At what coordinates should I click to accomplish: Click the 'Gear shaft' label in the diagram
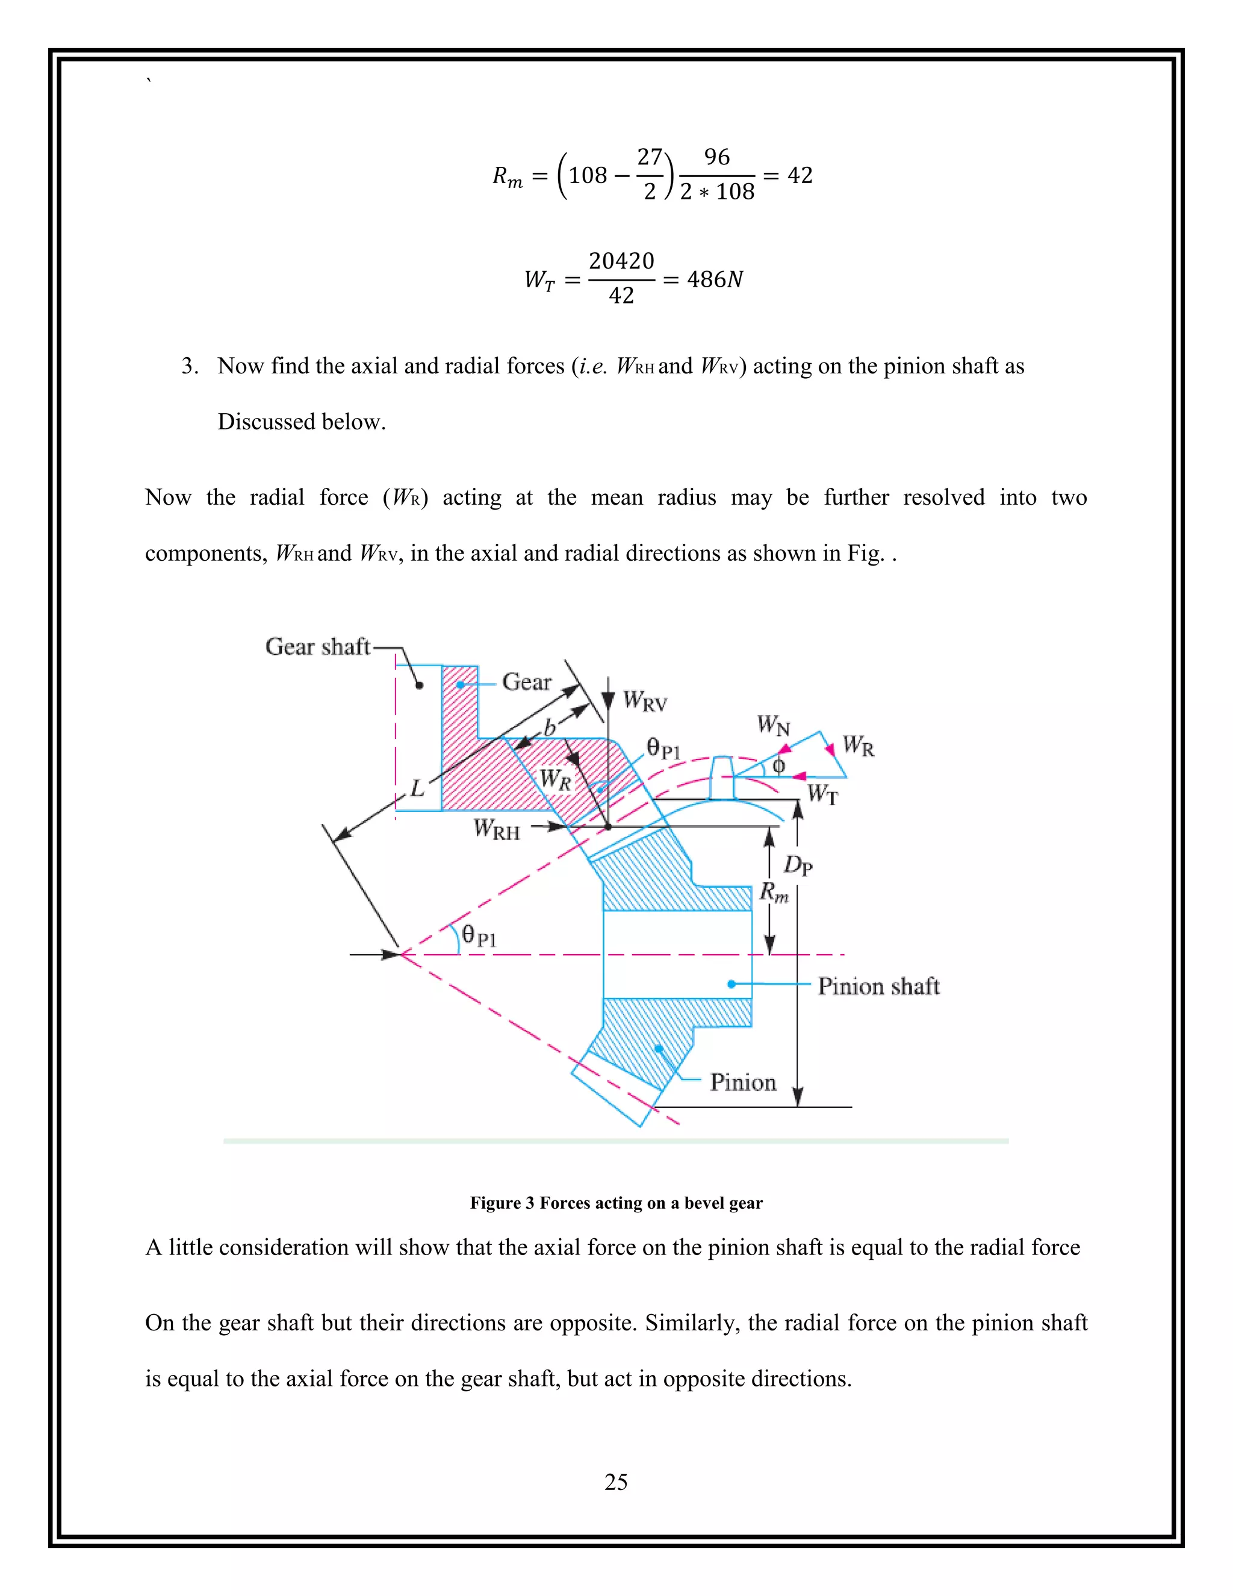[318, 647]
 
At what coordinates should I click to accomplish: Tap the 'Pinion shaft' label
[878, 986]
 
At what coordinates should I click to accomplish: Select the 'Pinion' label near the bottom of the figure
[742, 1082]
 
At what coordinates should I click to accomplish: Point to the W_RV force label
[645, 702]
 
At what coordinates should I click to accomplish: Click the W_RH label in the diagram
[496, 829]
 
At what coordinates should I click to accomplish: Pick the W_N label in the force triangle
[773, 726]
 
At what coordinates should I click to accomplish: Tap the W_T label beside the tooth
[822, 794]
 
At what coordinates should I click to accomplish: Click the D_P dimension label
[798, 867]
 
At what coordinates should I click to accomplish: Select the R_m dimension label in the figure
[774, 893]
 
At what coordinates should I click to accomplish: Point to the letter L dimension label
[417, 788]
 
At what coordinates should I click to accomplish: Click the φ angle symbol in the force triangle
[778, 766]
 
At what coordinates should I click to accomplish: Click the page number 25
[616, 1482]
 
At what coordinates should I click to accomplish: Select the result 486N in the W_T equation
[715, 279]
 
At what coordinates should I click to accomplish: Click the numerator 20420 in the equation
[621, 261]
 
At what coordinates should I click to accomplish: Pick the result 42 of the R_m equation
[800, 175]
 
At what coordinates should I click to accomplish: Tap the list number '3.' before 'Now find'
[190, 366]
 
